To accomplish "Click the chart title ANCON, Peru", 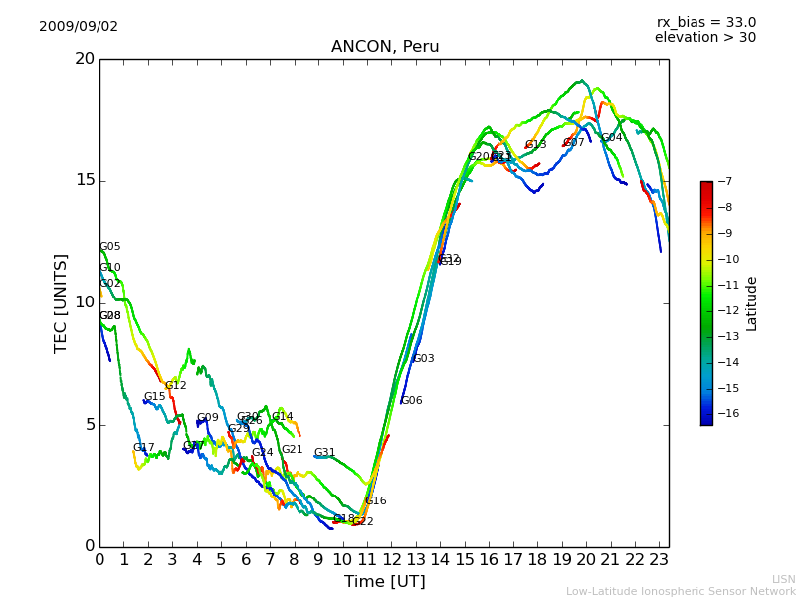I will tap(385, 47).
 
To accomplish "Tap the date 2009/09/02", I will tap(79, 26).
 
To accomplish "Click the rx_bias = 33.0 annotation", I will tap(705, 22).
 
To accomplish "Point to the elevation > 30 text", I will tap(705, 38).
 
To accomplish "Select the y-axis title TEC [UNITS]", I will tap(61, 302).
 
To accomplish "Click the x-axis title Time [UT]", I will tap(385, 582).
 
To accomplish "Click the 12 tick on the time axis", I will tap(392, 559).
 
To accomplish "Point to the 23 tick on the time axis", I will tap(660, 559).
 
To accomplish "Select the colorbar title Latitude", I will tap(752, 303).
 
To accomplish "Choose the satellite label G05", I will tap(110, 247).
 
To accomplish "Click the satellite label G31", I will tap(325, 453).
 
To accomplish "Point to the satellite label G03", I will tap(424, 359).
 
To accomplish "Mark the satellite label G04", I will tap(612, 138).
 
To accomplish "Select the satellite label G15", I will tap(155, 397).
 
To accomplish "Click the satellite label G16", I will tap(376, 501).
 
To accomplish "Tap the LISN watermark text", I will tap(783, 579).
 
